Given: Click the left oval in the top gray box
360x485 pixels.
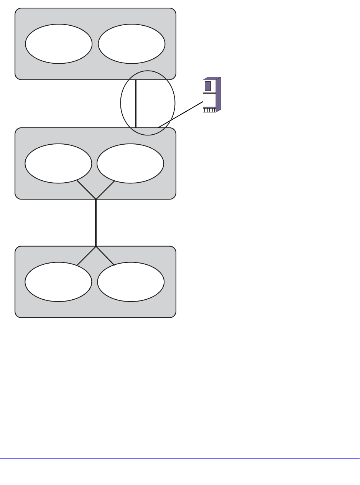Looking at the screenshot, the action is (59, 44).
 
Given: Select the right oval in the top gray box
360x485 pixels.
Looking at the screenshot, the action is (132, 44).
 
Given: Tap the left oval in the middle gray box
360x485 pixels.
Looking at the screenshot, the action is (58, 163).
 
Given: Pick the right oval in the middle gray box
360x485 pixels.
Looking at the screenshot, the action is (130, 163).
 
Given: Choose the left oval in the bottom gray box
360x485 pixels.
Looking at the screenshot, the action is (58, 282).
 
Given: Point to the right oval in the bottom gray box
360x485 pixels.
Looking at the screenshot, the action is (131, 282).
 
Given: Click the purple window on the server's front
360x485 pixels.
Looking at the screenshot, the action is (208, 86).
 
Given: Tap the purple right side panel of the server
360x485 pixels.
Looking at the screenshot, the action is (218, 95).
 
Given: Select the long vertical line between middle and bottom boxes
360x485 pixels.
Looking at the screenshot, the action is (96, 223).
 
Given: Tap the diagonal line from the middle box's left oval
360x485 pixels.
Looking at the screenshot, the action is (86, 190).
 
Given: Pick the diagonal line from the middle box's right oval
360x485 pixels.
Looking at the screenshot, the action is (105, 190).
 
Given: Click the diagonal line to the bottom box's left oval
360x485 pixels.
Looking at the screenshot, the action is (87, 256).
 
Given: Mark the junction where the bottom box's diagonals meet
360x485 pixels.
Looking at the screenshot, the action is (96, 246).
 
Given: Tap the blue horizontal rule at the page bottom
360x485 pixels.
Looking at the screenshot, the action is (180, 458).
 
